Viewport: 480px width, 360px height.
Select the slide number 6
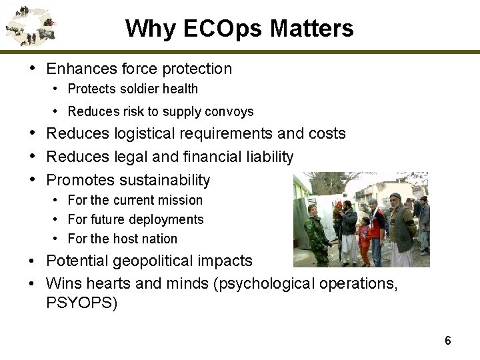448,341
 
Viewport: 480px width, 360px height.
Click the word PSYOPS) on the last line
81,304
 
